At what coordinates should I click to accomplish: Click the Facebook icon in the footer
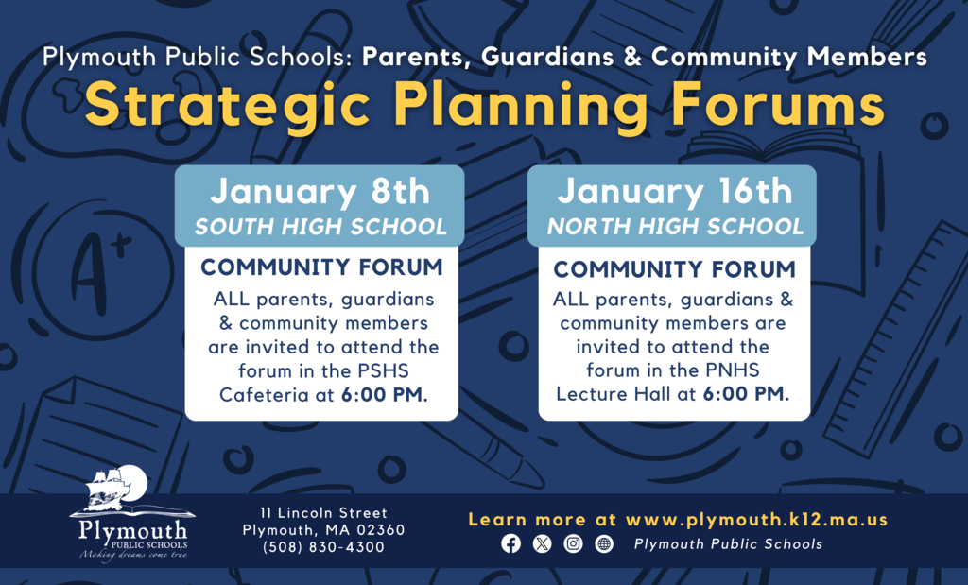510,543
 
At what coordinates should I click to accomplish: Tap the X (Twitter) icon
542,543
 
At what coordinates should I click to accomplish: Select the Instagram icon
573,543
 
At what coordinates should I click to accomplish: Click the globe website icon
604,543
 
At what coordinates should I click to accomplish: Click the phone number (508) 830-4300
323,547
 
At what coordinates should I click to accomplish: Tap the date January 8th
320,192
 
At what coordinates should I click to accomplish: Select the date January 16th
674,192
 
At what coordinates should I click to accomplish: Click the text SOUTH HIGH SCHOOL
320,227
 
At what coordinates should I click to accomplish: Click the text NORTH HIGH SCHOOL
675,227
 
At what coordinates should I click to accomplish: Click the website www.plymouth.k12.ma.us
756,520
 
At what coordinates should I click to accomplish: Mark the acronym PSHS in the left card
408,370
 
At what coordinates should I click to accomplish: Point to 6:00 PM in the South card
384,394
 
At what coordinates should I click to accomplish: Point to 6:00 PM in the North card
746,394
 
